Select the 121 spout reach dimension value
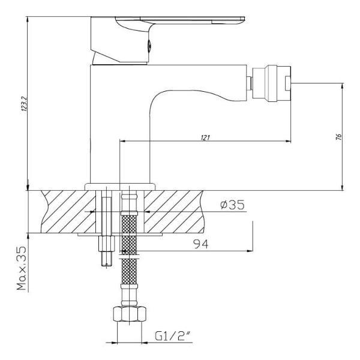pyautogui.click(x=205, y=137)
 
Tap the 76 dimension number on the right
pyautogui.click(x=339, y=137)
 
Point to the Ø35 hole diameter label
pyautogui.click(x=232, y=205)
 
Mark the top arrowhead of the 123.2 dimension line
pyautogui.click(x=28, y=19)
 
